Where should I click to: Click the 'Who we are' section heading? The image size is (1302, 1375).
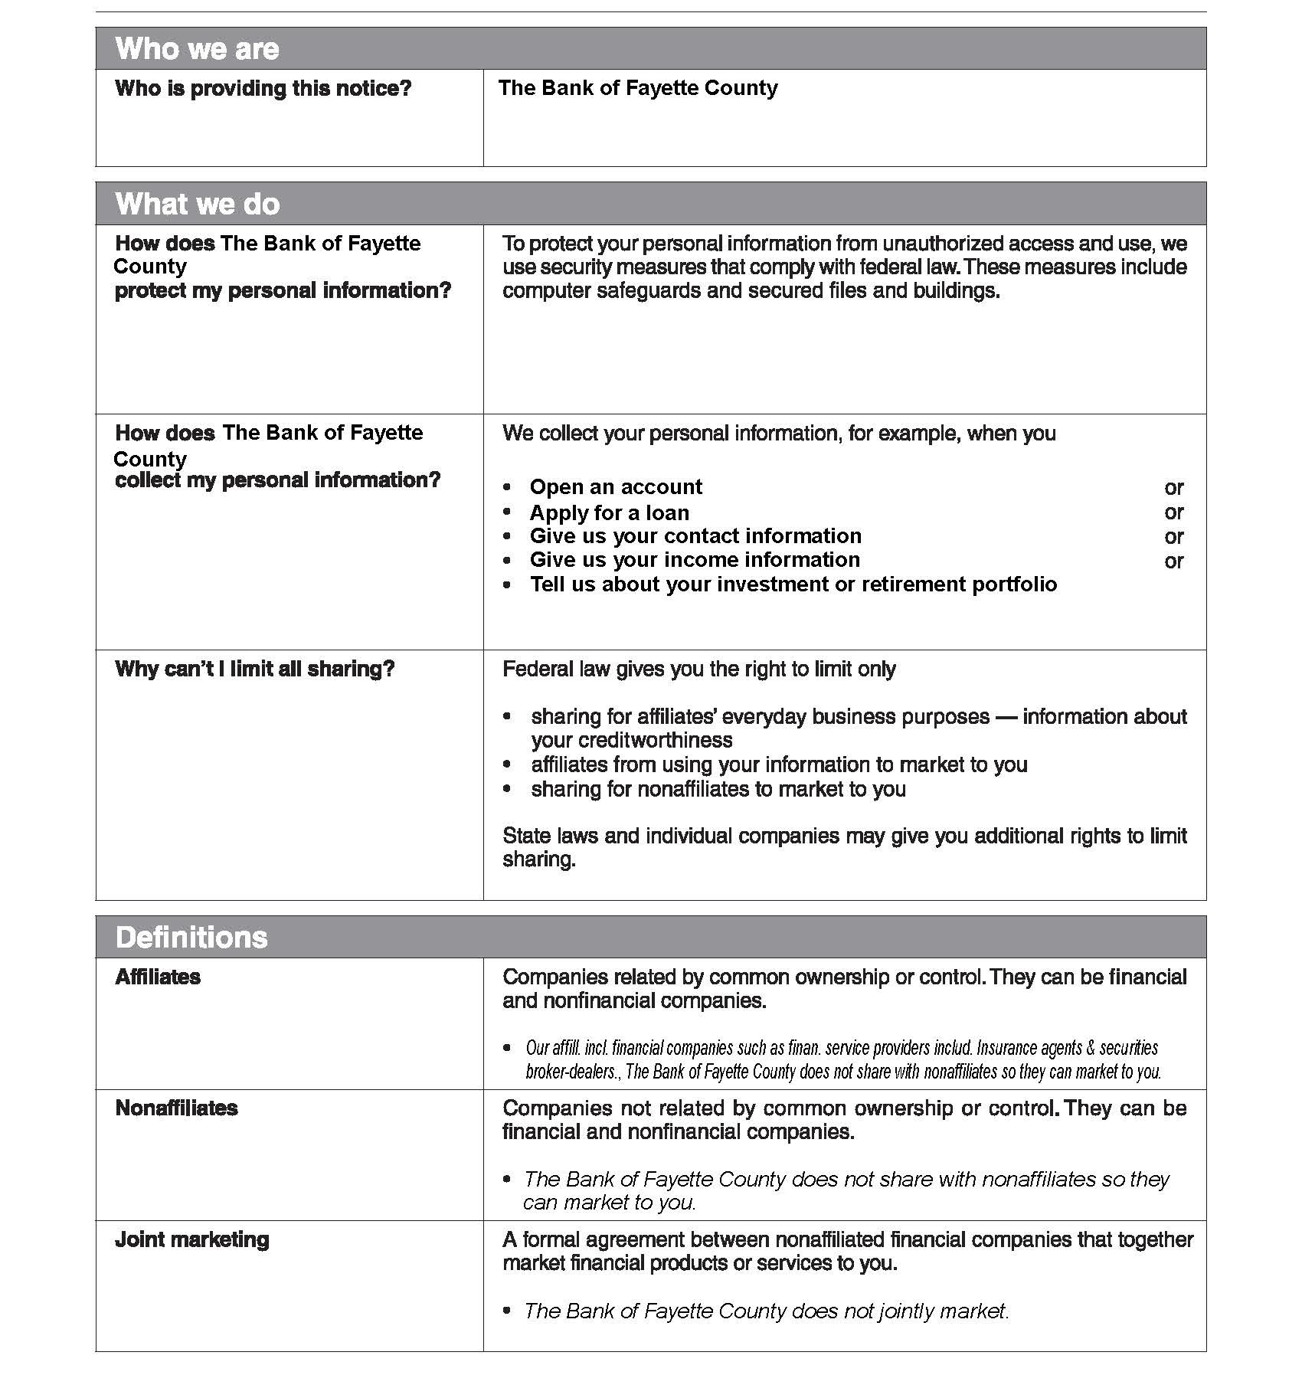pos(197,49)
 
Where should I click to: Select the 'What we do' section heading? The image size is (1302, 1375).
pos(198,204)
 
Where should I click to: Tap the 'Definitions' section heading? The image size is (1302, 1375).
pos(191,937)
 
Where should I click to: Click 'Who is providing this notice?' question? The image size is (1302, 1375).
pos(263,88)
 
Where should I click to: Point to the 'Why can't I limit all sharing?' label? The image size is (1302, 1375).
pos(254,669)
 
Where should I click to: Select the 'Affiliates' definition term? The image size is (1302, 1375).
pos(158,977)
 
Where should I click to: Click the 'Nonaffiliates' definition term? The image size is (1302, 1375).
pos(176,1108)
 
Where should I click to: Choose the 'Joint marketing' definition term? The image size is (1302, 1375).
pos(191,1239)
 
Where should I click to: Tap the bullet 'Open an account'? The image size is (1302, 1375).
pos(615,487)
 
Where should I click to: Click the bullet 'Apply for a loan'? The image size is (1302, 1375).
pos(609,512)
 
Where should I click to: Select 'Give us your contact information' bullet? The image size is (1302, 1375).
pos(695,535)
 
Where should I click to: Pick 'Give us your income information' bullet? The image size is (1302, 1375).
pos(694,560)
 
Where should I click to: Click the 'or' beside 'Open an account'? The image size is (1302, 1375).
pos(1173,488)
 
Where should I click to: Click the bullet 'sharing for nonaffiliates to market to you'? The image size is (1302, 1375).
pos(718,789)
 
